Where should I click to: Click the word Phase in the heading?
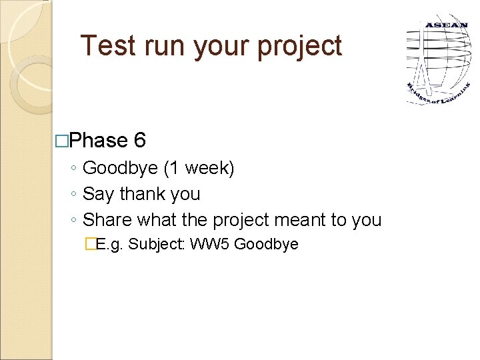(x=97, y=141)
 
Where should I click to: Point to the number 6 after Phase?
(x=140, y=141)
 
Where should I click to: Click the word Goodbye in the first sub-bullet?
(x=120, y=169)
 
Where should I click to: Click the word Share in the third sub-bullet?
(x=105, y=219)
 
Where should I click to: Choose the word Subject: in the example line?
(x=157, y=244)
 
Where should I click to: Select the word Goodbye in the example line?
(x=266, y=244)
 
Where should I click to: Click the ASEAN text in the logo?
(x=446, y=25)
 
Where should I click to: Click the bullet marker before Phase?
(x=62, y=141)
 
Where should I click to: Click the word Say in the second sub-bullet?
(x=99, y=194)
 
